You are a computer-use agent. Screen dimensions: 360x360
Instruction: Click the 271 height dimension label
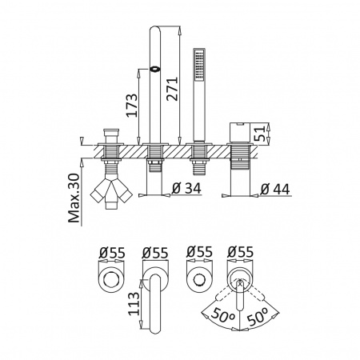(x=172, y=89)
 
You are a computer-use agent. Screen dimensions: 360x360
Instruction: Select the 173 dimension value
(x=132, y=106)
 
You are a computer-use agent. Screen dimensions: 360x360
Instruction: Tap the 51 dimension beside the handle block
(x=259, y=133)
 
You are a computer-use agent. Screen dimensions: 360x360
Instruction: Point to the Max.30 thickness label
(x=74, y=198)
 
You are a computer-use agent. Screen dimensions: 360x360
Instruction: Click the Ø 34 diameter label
(x=186, y=189)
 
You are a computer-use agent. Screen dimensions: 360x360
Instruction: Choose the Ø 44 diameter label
(x=275, y=190)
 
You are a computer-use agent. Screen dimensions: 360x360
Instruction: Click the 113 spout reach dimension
(x=134, y=304)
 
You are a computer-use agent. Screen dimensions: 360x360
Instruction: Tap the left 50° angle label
(x=222, y=316)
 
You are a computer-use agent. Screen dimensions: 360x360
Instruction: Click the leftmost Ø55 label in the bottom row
(x=112, y=253)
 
